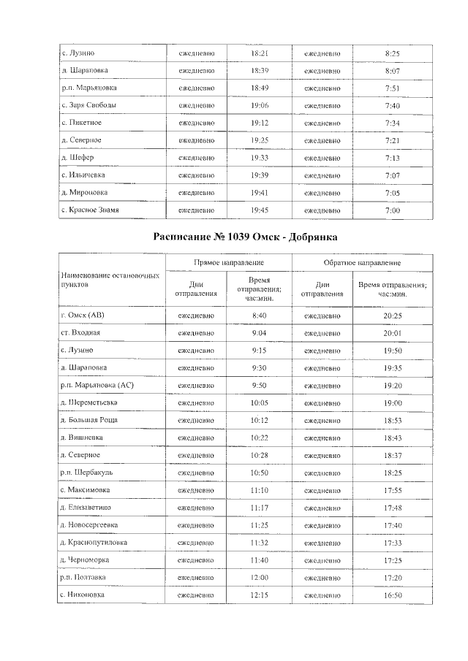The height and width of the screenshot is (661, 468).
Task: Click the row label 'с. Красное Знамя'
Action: click(90, 210)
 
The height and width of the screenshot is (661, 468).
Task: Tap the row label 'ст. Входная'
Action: click(81, 332)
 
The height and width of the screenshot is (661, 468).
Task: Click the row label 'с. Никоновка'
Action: click(83, 595)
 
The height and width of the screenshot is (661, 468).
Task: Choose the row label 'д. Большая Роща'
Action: click(90, 420)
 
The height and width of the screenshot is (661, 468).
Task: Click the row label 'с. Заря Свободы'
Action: click(89, 105)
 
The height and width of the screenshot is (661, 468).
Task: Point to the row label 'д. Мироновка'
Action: click(86, 192)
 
